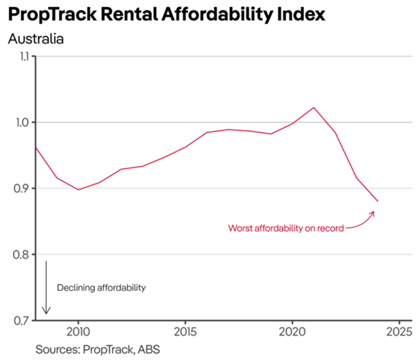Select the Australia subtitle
click(x=36, y=37)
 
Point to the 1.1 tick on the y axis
click(x=24, y=57)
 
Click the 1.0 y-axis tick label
click(x=23, y=123)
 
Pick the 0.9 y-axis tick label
click(x=23, y=189)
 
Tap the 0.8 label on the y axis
click(x=23, y=255)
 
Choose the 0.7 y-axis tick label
click(x=23, y=321)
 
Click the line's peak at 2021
click(x=314, y=107)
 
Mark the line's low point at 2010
click(x=78, y=189)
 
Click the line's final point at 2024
click(x=378, y=202)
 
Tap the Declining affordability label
click(x=102, y=288)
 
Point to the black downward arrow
click(x=46, y=288)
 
